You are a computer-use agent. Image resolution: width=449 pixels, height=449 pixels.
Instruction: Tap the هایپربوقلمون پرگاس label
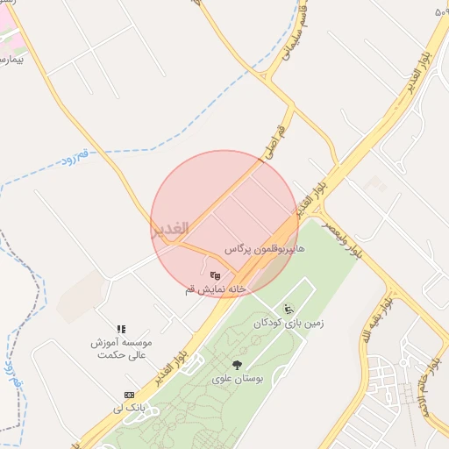[264, 250]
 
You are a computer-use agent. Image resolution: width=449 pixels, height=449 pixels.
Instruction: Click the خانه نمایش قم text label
[216, 289]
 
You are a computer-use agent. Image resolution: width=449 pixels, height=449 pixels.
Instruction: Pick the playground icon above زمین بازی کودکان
[289, 309]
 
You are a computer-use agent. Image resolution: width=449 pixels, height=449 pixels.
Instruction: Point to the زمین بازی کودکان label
[289, 323]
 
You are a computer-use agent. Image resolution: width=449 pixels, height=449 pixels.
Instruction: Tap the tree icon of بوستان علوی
[236, 365]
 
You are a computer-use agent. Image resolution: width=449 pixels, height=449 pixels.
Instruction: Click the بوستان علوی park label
[236, 379]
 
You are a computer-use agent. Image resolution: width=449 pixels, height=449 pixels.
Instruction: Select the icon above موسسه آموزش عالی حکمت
[122, 329]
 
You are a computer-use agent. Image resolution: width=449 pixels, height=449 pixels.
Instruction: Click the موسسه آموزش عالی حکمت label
[122, 348]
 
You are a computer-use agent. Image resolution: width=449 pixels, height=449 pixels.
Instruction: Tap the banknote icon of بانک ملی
[130, 395]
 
